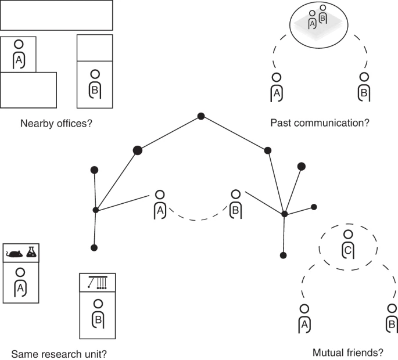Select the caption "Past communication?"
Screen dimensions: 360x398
pos(320,123)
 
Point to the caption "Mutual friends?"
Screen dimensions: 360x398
pos(348,352)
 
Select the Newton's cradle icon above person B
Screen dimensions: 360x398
pos(98,282)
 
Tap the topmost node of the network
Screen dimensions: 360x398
pos(201,116)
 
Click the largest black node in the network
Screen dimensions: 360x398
pos(138,150)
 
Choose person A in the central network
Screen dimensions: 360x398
pos(160,204)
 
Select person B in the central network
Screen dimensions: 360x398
pos(235,204)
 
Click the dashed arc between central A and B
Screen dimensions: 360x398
pos(198,219)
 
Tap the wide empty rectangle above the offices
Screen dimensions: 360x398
pos(56,16)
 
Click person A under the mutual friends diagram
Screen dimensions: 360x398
pos(304,318)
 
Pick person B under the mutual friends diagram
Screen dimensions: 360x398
pos(392,318)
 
